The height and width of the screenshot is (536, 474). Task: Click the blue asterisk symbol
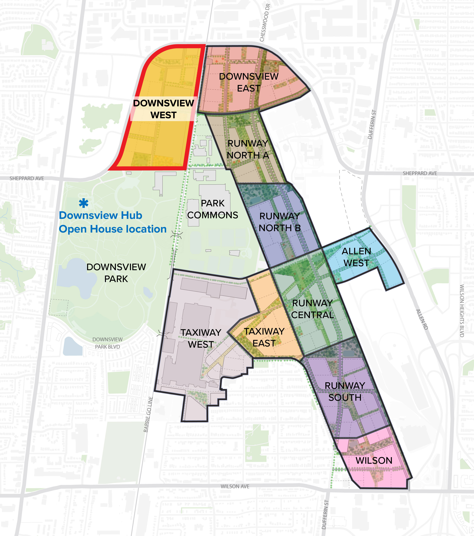(84, 203)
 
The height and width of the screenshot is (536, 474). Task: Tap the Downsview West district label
(163, 109)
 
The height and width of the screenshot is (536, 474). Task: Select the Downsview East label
(248, 82)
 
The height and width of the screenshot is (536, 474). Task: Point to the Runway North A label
(248, 149)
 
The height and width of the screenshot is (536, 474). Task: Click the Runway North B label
(279, 222)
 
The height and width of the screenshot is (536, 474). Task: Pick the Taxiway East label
(264, 337)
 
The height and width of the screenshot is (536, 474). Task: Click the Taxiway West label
(201, 338)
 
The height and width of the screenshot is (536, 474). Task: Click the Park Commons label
(212, 209)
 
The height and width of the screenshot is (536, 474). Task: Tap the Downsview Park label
(116, 273)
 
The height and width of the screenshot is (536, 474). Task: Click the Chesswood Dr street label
(265, 23)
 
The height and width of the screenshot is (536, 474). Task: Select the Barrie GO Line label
(148, 414)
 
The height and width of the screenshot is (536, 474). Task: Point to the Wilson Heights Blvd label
(462, 311)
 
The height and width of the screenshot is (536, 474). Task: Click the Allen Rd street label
(422, 319)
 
